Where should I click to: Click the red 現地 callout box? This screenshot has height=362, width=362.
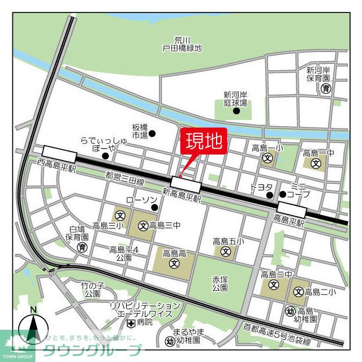tap(203, 141)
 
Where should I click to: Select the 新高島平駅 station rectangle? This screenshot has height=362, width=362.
tap(186, 184)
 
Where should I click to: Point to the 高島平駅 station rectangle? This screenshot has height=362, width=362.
tap(291, 210)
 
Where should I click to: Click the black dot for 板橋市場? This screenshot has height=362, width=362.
tap(152, 134)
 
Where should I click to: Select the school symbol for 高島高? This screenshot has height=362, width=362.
tap(174, 263)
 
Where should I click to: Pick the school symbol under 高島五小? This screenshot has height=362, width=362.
tap(226, 251)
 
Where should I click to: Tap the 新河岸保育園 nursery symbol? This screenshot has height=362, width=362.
tap(325, 88)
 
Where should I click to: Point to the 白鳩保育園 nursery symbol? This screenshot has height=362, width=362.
tap(82, 247)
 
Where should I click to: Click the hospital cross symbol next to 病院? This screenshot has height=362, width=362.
tap(131, 323)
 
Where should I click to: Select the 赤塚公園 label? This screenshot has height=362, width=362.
tap(220, 283)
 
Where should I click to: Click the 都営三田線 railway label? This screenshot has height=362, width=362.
tap(124, 179)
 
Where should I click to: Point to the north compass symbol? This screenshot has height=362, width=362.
tap(34, 328)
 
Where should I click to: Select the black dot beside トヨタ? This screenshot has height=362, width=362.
tap(270, 196)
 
